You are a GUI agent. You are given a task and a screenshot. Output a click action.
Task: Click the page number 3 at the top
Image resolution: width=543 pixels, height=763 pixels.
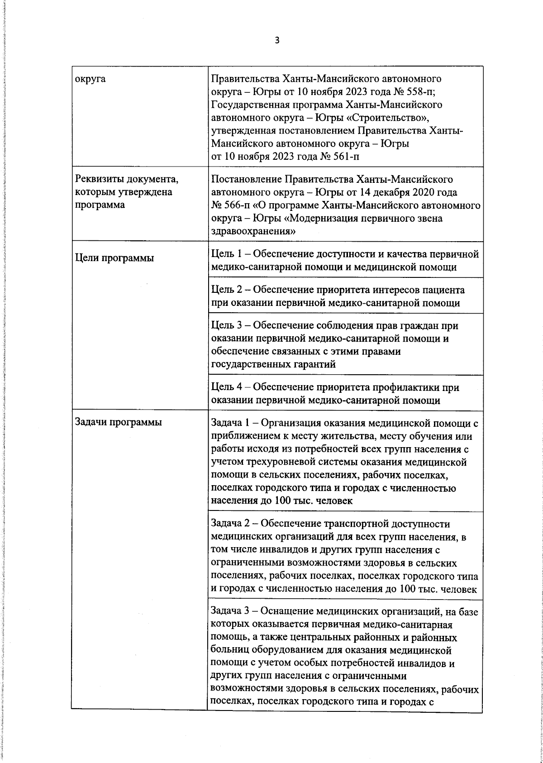coord(277,41)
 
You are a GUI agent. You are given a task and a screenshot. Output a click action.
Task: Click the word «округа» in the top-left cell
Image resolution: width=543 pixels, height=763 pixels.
coord(90,79)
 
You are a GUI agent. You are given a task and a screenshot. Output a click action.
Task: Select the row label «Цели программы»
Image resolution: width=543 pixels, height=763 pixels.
coord(114,258)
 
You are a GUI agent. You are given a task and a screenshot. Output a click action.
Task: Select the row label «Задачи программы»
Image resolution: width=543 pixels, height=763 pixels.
coord(118,423)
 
